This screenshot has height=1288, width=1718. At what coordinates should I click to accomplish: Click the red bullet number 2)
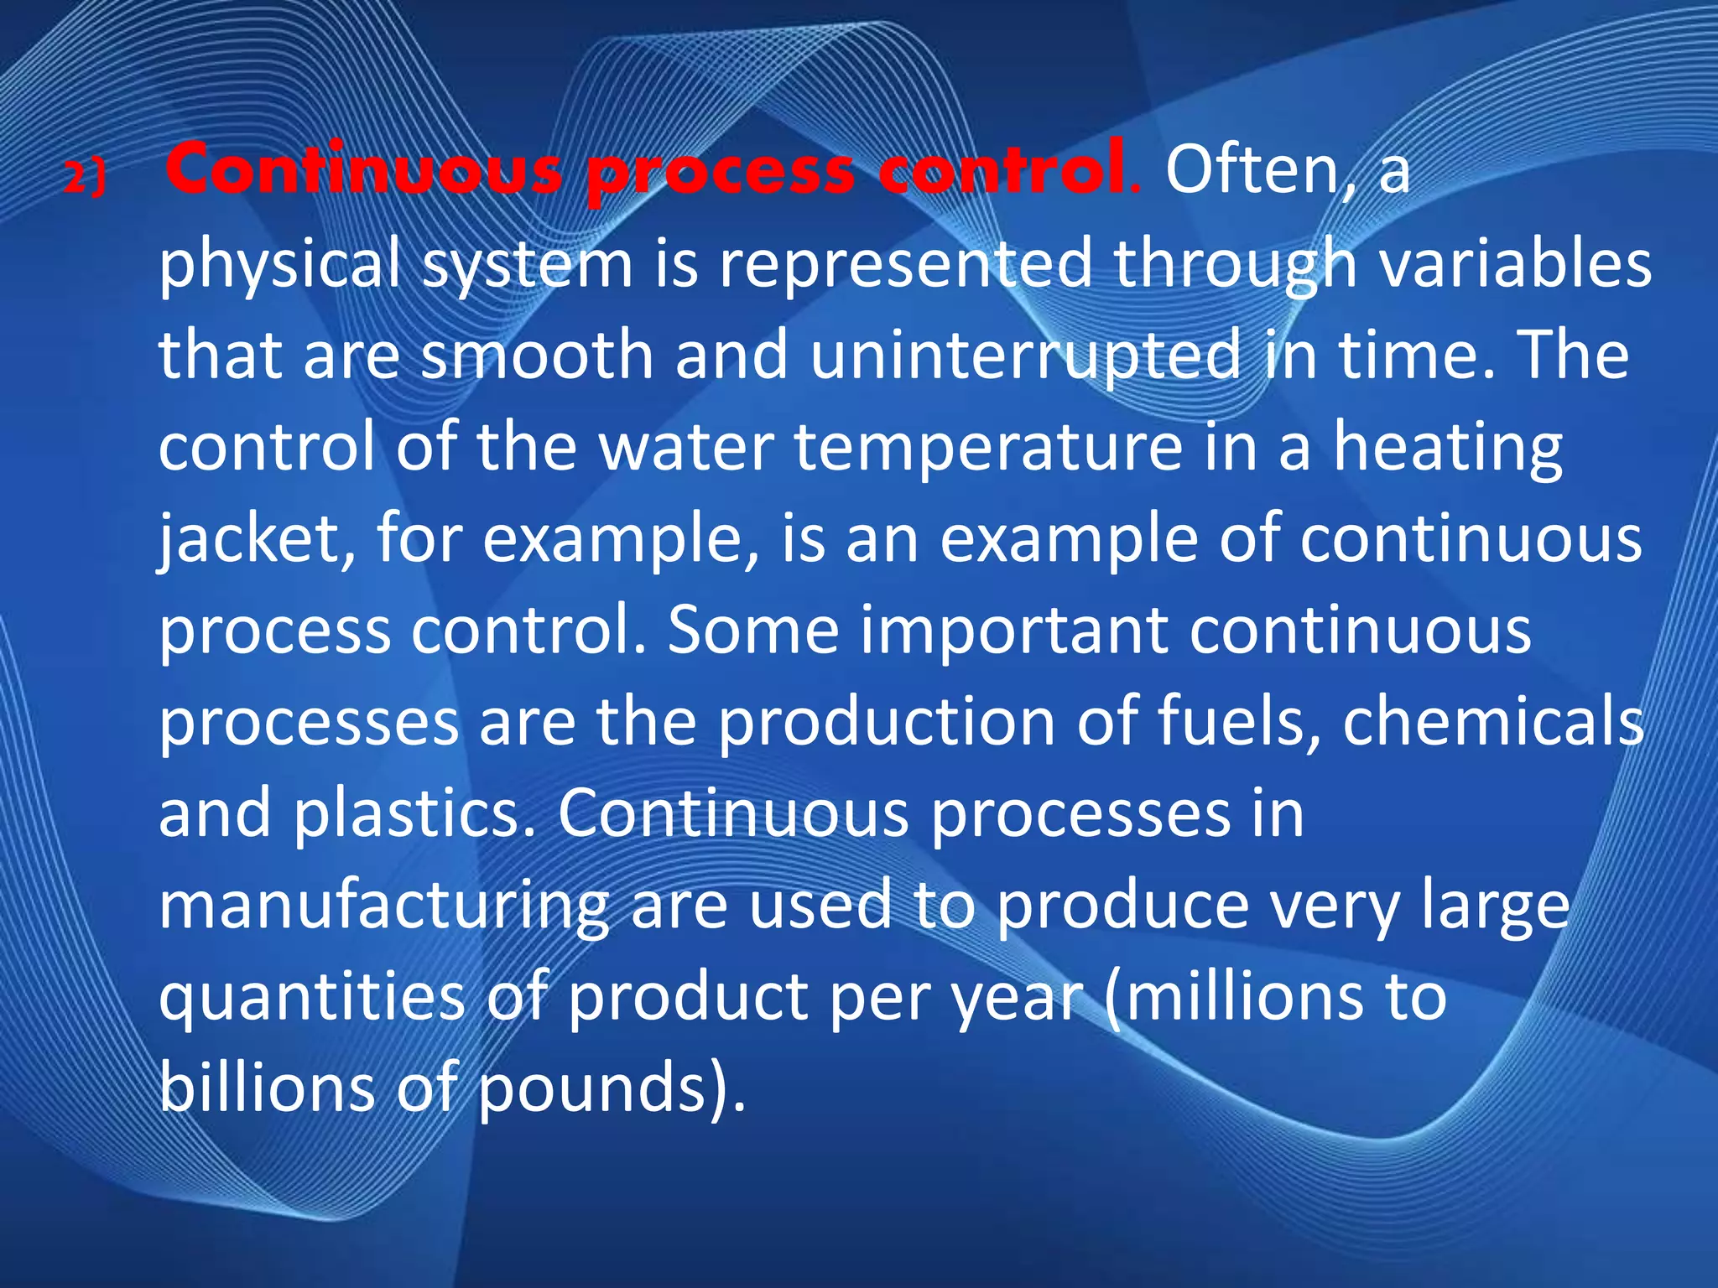(85, 177)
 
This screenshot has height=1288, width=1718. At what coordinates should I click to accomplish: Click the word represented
(905, 263)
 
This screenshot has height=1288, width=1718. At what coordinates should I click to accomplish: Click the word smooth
(537, 355)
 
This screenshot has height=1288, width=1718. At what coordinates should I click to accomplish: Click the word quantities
(311, 998)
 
